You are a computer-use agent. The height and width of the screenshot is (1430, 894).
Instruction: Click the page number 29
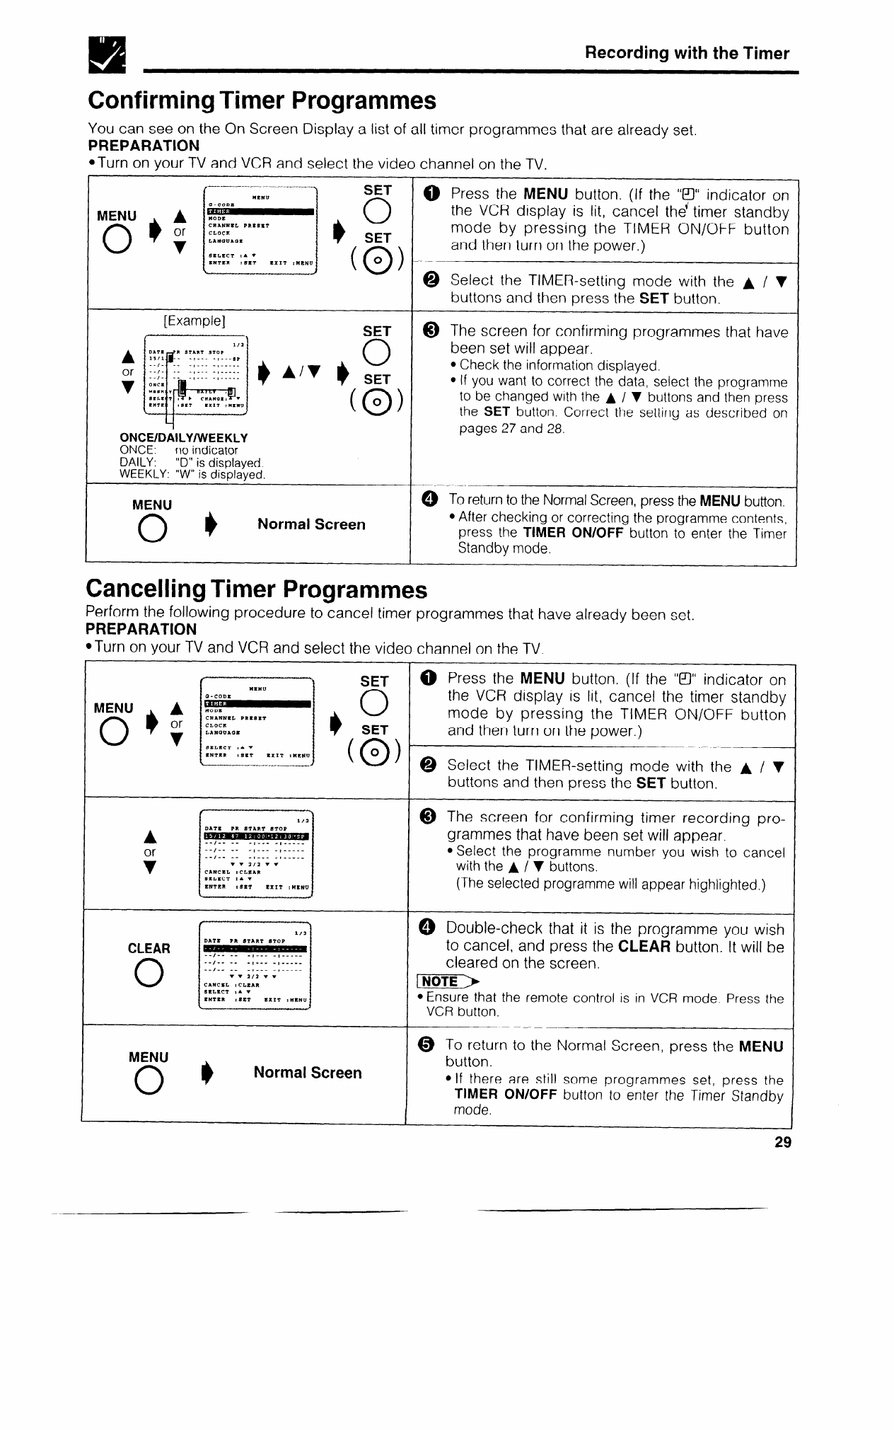782,1142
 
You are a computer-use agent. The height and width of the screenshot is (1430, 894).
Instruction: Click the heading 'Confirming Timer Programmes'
262,100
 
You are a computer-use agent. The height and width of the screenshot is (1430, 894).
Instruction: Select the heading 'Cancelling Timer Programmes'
256,589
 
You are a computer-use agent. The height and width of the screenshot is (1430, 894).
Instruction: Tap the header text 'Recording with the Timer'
687,53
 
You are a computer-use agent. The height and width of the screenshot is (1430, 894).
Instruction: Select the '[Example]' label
194,320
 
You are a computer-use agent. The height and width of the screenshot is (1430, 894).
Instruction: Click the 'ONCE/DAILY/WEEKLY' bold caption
184,438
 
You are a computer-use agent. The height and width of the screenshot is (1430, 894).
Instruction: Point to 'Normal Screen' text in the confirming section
311,524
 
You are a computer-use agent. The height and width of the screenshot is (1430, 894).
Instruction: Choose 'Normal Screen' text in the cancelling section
308,1073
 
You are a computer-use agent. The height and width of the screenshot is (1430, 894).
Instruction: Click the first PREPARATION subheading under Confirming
144,146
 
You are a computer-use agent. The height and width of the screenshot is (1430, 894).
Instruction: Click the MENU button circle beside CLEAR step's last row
149,1082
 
